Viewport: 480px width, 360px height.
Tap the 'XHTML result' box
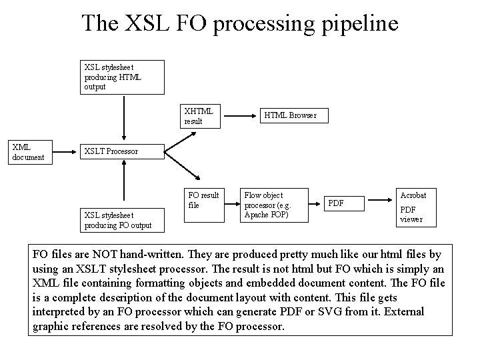coord(201,116)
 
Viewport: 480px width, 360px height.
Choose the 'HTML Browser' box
coord(290,115)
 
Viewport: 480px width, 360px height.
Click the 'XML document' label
coord(28,152)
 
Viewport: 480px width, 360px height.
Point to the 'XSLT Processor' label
coord(111,151)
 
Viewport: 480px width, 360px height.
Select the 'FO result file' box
coord(204,200)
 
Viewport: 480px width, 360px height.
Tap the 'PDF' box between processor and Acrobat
coord(343,203)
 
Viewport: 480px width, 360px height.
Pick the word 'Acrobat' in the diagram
coord(413,195)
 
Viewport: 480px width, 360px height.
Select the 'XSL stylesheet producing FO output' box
coord(117,220)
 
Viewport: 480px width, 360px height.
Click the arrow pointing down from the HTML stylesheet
coord(123,117)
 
